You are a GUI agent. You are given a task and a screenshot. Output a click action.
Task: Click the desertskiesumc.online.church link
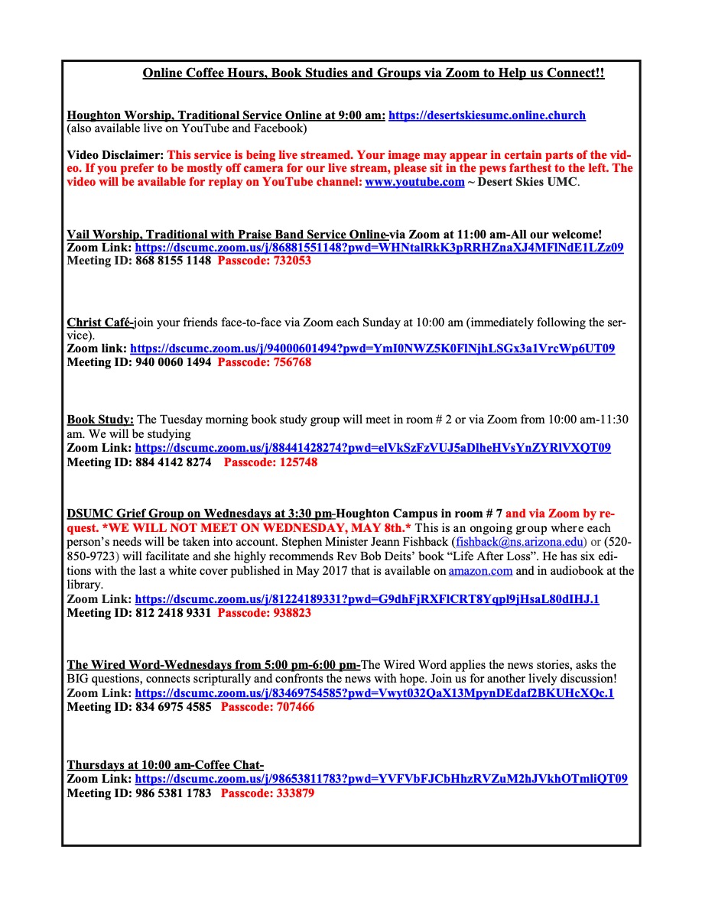487,115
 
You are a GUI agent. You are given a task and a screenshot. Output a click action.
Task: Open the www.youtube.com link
414,182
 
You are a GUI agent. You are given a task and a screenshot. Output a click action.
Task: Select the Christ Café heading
100,323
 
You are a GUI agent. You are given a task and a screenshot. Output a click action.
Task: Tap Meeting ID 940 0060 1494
138,362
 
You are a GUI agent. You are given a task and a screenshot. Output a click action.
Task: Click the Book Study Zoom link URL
372,448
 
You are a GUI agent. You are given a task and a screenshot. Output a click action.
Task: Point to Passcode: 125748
271,462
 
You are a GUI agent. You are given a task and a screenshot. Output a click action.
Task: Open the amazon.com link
478,571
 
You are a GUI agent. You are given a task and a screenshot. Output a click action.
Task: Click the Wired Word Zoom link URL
374,693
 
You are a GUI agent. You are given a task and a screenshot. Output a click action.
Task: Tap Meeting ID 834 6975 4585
138,707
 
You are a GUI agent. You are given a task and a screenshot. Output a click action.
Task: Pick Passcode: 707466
268,707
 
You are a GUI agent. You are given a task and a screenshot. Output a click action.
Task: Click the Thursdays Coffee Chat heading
165,765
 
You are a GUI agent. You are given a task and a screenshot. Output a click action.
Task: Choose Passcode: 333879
268,793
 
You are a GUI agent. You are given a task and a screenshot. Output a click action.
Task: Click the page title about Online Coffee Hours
373,73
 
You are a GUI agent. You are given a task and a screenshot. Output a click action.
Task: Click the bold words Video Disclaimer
115,154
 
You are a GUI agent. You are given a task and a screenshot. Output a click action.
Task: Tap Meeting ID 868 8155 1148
138,261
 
